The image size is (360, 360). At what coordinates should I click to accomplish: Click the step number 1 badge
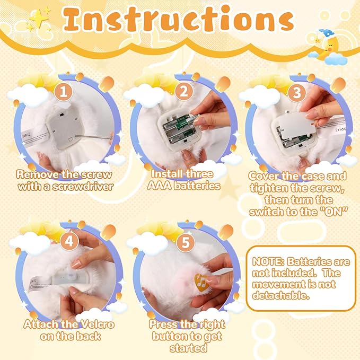pos(64,92)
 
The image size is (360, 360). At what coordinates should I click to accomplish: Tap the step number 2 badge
pos(183,91)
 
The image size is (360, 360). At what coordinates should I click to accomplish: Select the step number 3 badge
pos(297,92)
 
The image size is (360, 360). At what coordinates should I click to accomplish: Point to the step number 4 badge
pos(69,241)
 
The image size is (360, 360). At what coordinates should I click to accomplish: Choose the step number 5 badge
pos(186,242)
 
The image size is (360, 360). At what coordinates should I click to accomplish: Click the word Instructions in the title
pos(178,19)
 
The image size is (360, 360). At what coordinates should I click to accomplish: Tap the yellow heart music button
pos(201,282)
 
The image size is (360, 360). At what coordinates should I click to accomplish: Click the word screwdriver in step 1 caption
pos(83,186)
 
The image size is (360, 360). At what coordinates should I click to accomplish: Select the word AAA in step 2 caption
pos(160,186)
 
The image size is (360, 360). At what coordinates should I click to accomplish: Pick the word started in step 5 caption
pos(188,348)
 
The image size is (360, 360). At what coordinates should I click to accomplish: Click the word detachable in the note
pos(281,295)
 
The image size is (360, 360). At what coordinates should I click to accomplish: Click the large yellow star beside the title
pos(39,18)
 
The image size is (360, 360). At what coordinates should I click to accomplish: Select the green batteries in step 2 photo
pos(180,128)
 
